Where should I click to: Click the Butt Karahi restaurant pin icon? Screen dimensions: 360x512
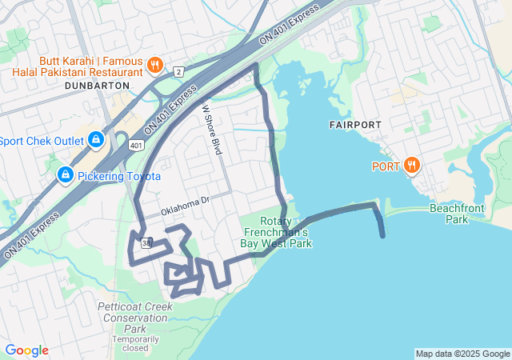(x=155, y=65)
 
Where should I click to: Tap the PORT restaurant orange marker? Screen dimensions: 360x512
(x=412, y=166)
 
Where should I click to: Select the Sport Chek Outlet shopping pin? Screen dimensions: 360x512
(x=96, y=141)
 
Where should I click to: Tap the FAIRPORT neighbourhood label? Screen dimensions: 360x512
(x=355, y=126)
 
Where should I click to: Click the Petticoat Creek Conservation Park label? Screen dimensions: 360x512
(x=134, y=318)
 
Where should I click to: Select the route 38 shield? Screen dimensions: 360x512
(x=145, y=243)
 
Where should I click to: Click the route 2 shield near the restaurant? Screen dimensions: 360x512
(x=178, y=72)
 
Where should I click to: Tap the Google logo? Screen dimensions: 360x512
(x=26, y=350)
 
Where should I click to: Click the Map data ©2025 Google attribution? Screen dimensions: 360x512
(x=462, y=354)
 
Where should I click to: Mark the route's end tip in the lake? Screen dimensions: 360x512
(x=383, y=236)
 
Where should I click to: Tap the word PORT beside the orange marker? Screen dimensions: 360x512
(x=385, y=166)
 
